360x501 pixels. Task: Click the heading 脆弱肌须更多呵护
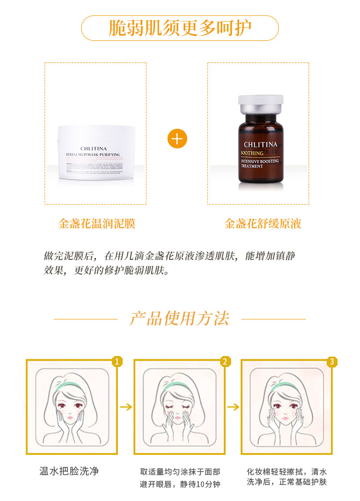(x=180, y=28)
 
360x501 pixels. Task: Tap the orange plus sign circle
(x=177, y=139)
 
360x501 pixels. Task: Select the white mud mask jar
(x=96, y=152)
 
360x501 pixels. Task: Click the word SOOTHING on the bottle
(x=252, y=154)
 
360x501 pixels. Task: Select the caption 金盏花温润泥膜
(x=96, y=224)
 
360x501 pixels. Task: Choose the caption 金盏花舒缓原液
(x=263, y=224)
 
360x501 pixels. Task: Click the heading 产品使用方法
(x=180, y=318)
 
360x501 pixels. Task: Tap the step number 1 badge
(x=116, y=361)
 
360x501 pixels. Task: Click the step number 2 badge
(x=224, y=361)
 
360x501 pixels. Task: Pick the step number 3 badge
(x=331, y=361)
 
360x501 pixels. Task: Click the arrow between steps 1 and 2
(x=126, y=407)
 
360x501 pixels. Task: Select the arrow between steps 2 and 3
(x=233, y=407)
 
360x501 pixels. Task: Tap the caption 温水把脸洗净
(x=69, y=471)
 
